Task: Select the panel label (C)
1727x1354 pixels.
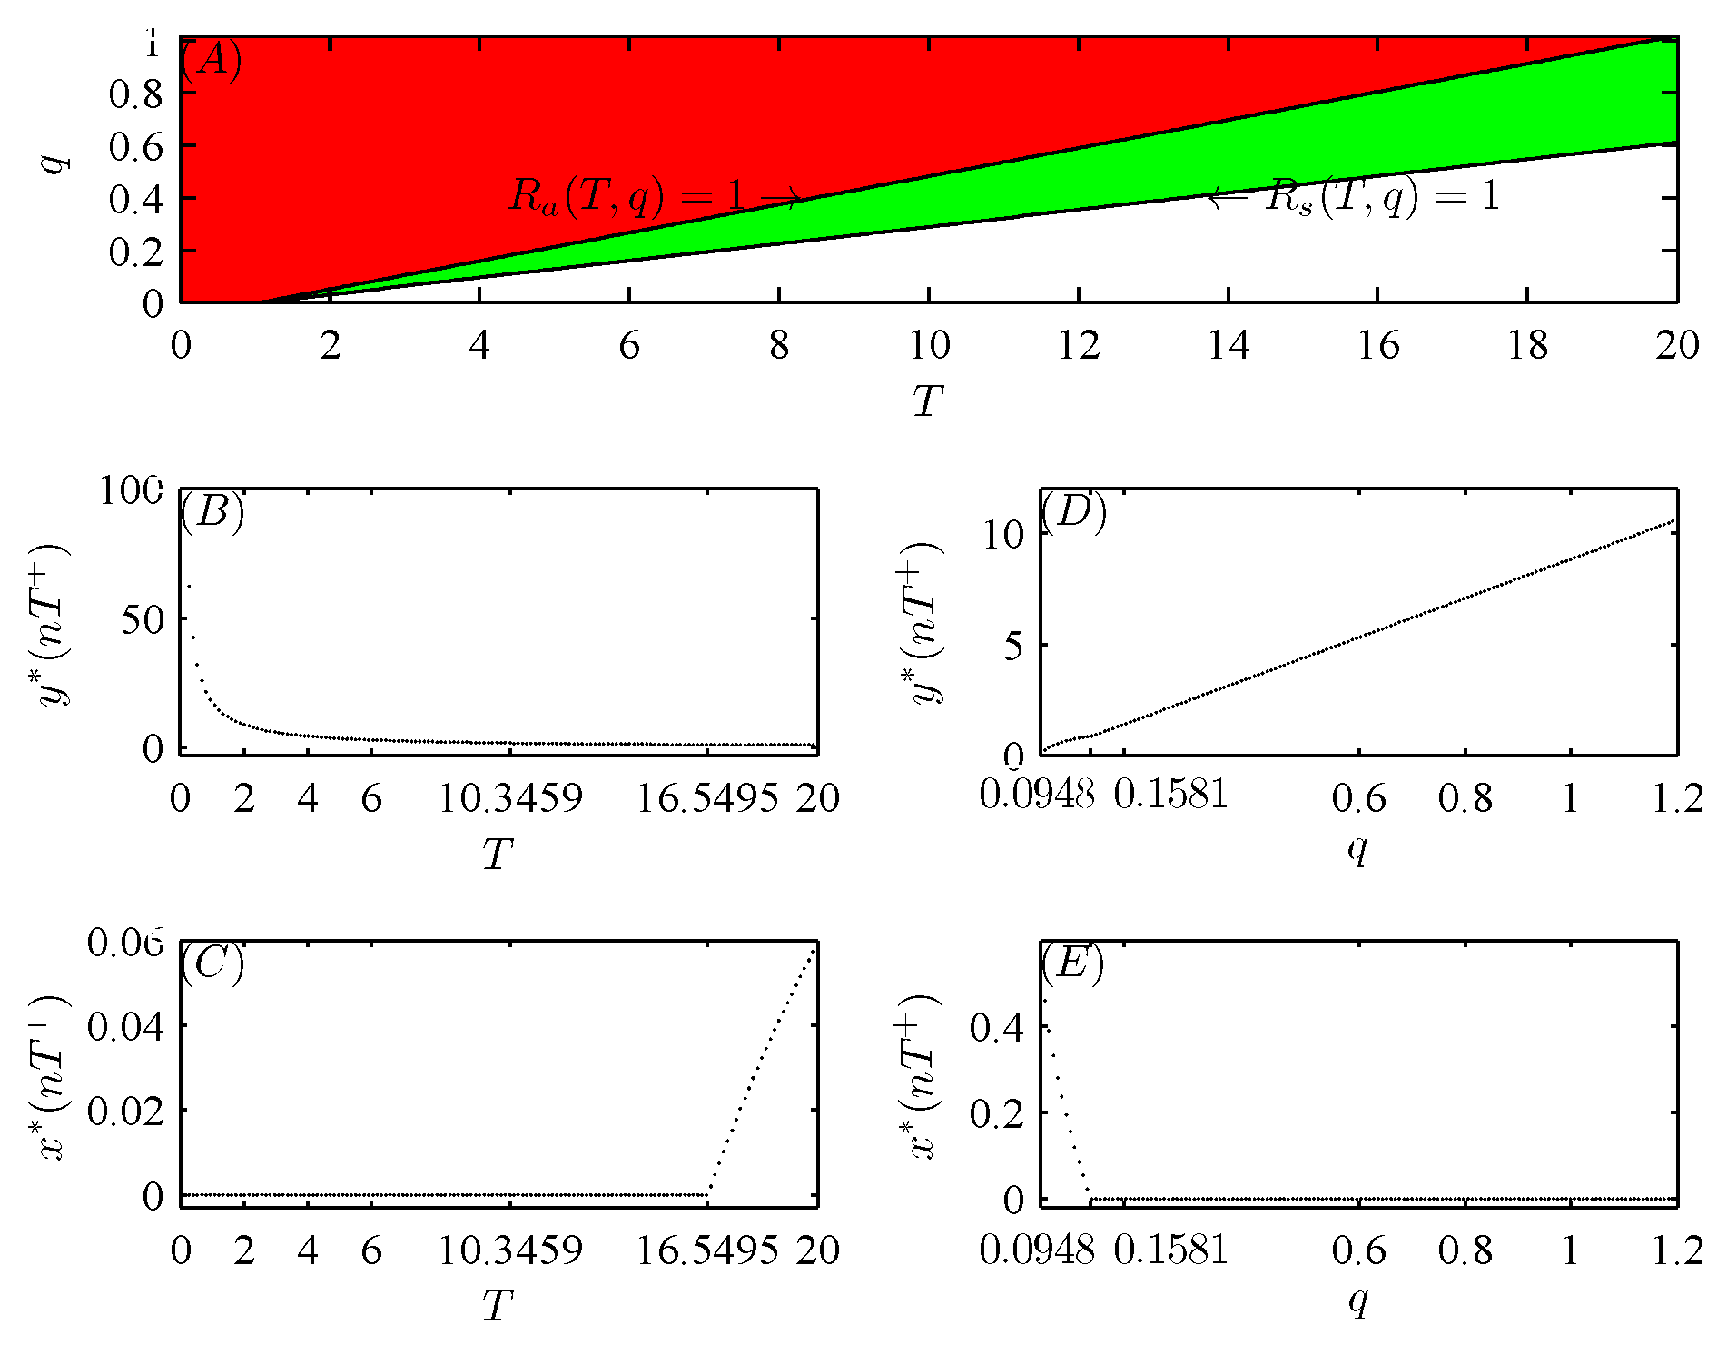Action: click(212, 962)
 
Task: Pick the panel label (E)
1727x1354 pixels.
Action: click(1072, 962)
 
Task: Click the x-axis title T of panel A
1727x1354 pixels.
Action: click(928, 400)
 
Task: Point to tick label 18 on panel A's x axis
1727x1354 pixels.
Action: click(1527, 345)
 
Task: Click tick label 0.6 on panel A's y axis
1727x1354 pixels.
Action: click(135, 146)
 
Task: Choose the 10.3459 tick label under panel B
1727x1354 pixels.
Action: click(509, 798)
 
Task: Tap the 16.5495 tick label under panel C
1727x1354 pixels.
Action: click(706, 1250)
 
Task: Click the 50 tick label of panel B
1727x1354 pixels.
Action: click(142, 620)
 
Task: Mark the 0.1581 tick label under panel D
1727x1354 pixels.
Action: click(1170, 796)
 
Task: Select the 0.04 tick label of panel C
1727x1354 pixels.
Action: click(125, 1026)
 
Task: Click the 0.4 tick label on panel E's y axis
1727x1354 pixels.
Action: click(996, 1027)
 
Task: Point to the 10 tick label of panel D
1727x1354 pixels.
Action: click(1002, 535)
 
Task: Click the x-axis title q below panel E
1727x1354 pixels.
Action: click(1357, 1302)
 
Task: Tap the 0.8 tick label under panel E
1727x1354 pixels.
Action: click(1465, 1250)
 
